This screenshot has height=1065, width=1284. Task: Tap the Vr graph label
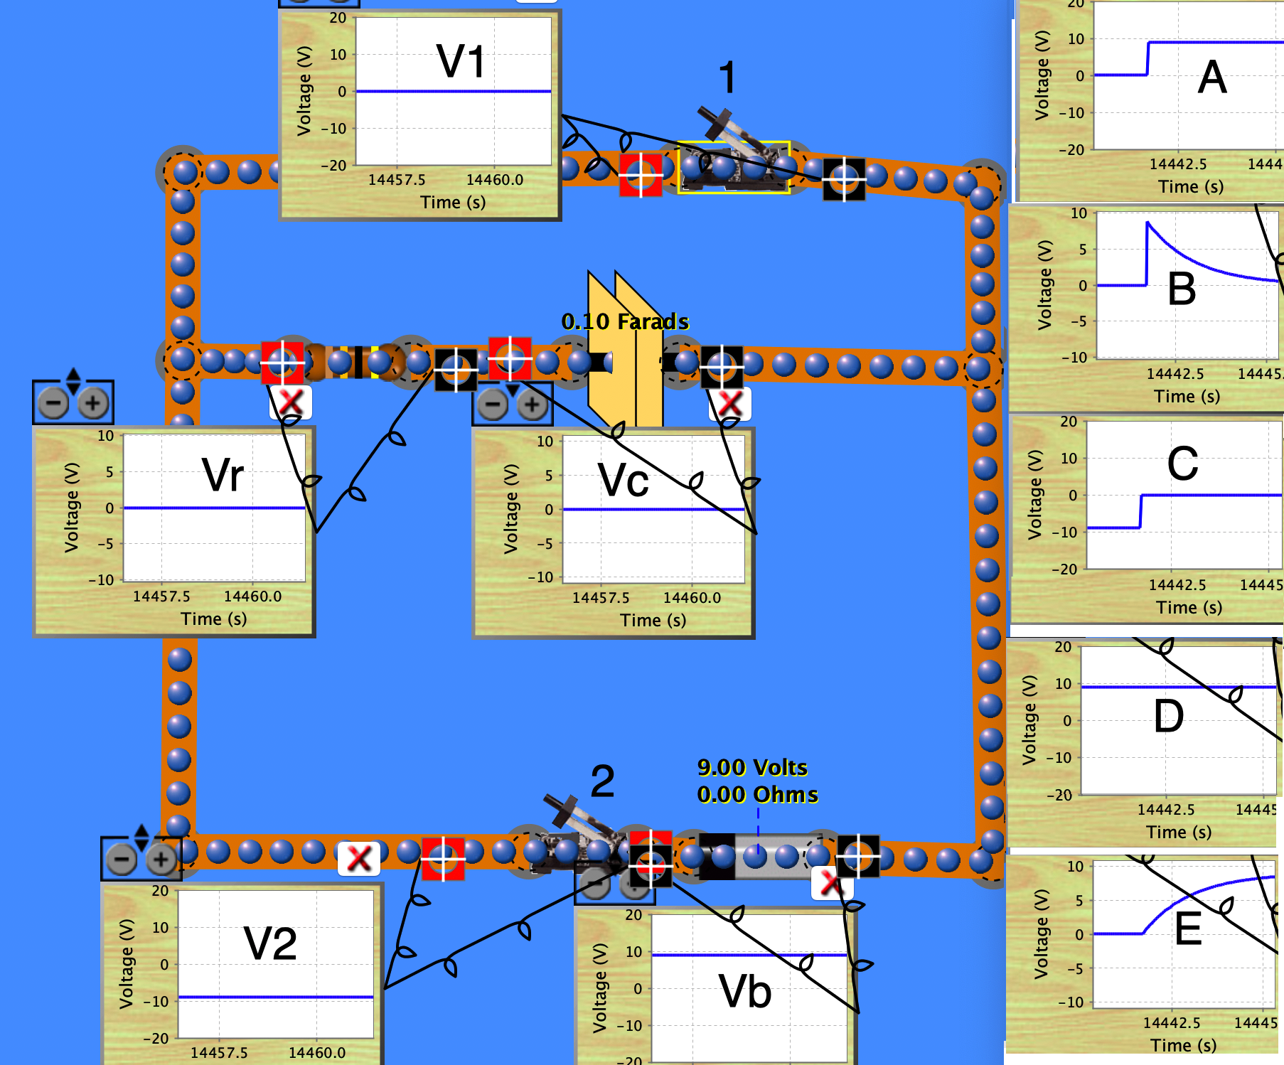223,475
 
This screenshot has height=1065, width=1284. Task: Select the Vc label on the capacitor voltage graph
624,481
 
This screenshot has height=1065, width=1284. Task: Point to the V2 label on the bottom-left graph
270,943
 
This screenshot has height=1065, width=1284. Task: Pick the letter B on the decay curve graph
1182,289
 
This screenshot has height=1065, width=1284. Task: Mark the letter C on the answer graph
1182,464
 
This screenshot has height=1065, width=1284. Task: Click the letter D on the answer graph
1169,716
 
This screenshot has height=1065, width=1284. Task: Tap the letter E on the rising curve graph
1188,929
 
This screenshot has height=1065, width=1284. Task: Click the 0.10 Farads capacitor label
625,321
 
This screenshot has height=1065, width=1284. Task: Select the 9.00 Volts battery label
752,768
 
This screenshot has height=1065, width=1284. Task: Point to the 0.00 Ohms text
757,794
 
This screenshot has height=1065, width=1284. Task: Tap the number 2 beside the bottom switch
602,781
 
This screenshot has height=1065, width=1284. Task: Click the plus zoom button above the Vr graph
92,404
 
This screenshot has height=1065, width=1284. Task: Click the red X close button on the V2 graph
359,859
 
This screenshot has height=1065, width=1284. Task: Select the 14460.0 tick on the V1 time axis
495,180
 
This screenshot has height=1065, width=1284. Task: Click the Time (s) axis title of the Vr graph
214,619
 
